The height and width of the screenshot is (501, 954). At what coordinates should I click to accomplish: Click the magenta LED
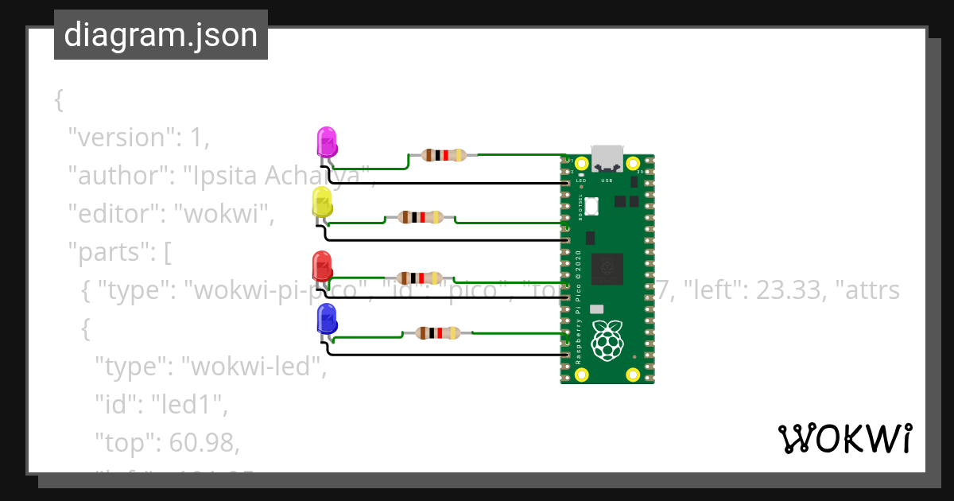tap(327, 142)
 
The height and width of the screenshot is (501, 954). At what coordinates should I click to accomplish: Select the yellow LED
tap(322, 202)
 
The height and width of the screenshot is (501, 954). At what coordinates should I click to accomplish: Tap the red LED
tap(322, 265)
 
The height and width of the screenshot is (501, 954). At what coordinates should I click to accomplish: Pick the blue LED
tap(327, 319)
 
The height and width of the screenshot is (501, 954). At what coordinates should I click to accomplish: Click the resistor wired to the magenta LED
tap(443, 155)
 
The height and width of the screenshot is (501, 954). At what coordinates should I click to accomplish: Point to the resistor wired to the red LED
tap(419, 278)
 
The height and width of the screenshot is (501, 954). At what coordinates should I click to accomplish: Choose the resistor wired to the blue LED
tap(437, 333)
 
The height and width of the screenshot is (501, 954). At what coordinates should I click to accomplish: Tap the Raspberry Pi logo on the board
tap(607, 340)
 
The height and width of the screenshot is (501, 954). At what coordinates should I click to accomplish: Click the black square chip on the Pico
tap(607, 269)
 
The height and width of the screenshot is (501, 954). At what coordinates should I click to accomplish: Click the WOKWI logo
tap(844, 439)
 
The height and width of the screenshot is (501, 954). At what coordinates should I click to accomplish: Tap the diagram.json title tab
tap(161, 35)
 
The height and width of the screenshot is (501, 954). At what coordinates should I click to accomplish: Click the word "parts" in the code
tap(111, 253)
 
